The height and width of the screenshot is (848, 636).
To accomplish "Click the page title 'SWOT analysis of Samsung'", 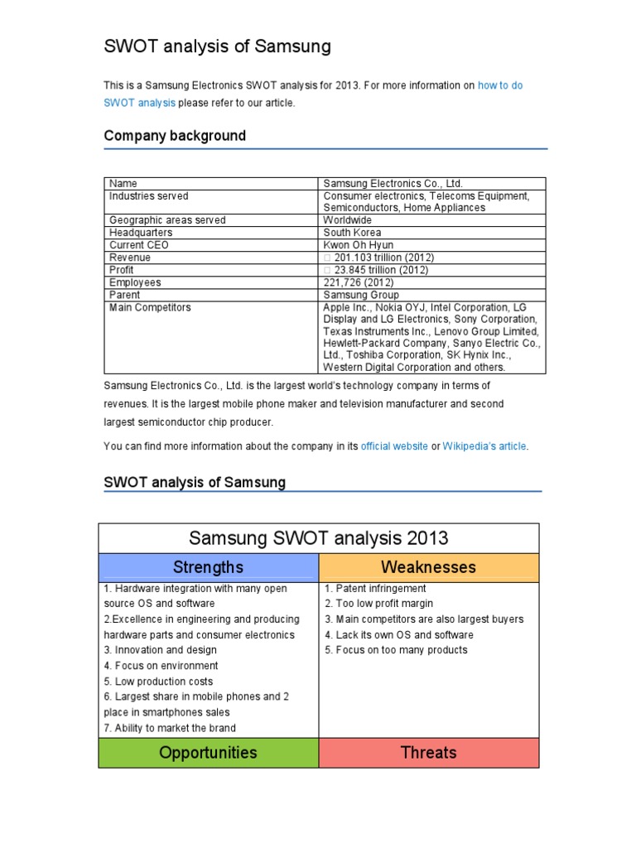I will coord(217,47).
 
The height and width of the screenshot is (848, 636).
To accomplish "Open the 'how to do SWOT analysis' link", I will coord(499,85).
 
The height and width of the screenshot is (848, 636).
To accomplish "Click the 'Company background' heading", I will coord(175,136).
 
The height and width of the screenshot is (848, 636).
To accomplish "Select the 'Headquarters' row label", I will coord(141,233).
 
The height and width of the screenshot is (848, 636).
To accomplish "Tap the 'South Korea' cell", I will coord(352,233).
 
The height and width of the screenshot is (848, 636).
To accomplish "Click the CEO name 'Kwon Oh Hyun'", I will coord(358,245).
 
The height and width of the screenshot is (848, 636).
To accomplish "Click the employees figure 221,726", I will coord(358,282).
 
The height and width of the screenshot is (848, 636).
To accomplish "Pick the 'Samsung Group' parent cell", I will coord(360,295).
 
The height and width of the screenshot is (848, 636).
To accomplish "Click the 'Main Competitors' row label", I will coord(150,307).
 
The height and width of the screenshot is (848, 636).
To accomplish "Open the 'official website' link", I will coord(394,446).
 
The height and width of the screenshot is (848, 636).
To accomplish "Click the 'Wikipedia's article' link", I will coord(484,446).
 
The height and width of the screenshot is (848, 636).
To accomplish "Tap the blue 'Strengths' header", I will coord(208,567).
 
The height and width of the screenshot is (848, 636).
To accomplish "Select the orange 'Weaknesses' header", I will coord(428,567).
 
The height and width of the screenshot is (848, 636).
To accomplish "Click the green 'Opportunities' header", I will coord(208,753).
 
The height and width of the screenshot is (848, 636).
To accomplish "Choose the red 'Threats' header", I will coord(428,753).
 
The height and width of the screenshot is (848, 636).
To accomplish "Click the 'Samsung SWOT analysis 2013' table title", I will coord(319,538).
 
